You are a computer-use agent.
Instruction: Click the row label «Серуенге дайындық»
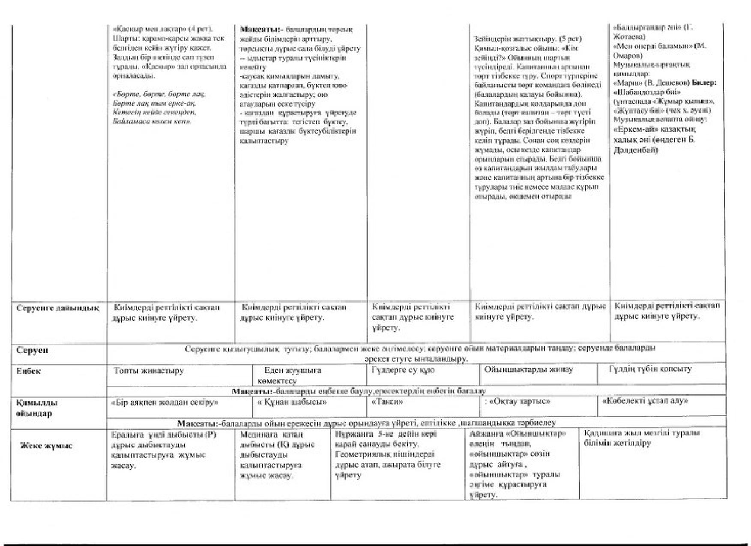pos(58,309)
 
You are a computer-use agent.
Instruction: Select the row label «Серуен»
pos(32,350)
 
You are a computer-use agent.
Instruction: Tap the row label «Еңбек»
pos(29,371)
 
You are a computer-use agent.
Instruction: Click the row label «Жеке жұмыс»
pos(46,446)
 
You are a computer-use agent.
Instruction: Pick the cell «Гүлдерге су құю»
pos(403,370)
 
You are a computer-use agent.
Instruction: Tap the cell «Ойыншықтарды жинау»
pos(528,369)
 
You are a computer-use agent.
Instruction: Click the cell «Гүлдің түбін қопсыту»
pos(650,369)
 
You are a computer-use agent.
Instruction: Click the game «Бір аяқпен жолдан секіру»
pos(165,402)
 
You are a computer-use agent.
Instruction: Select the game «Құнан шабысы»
pos(292,402)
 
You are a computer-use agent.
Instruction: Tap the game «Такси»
pos(387,402)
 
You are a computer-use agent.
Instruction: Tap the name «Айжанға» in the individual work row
pos(485,433)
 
